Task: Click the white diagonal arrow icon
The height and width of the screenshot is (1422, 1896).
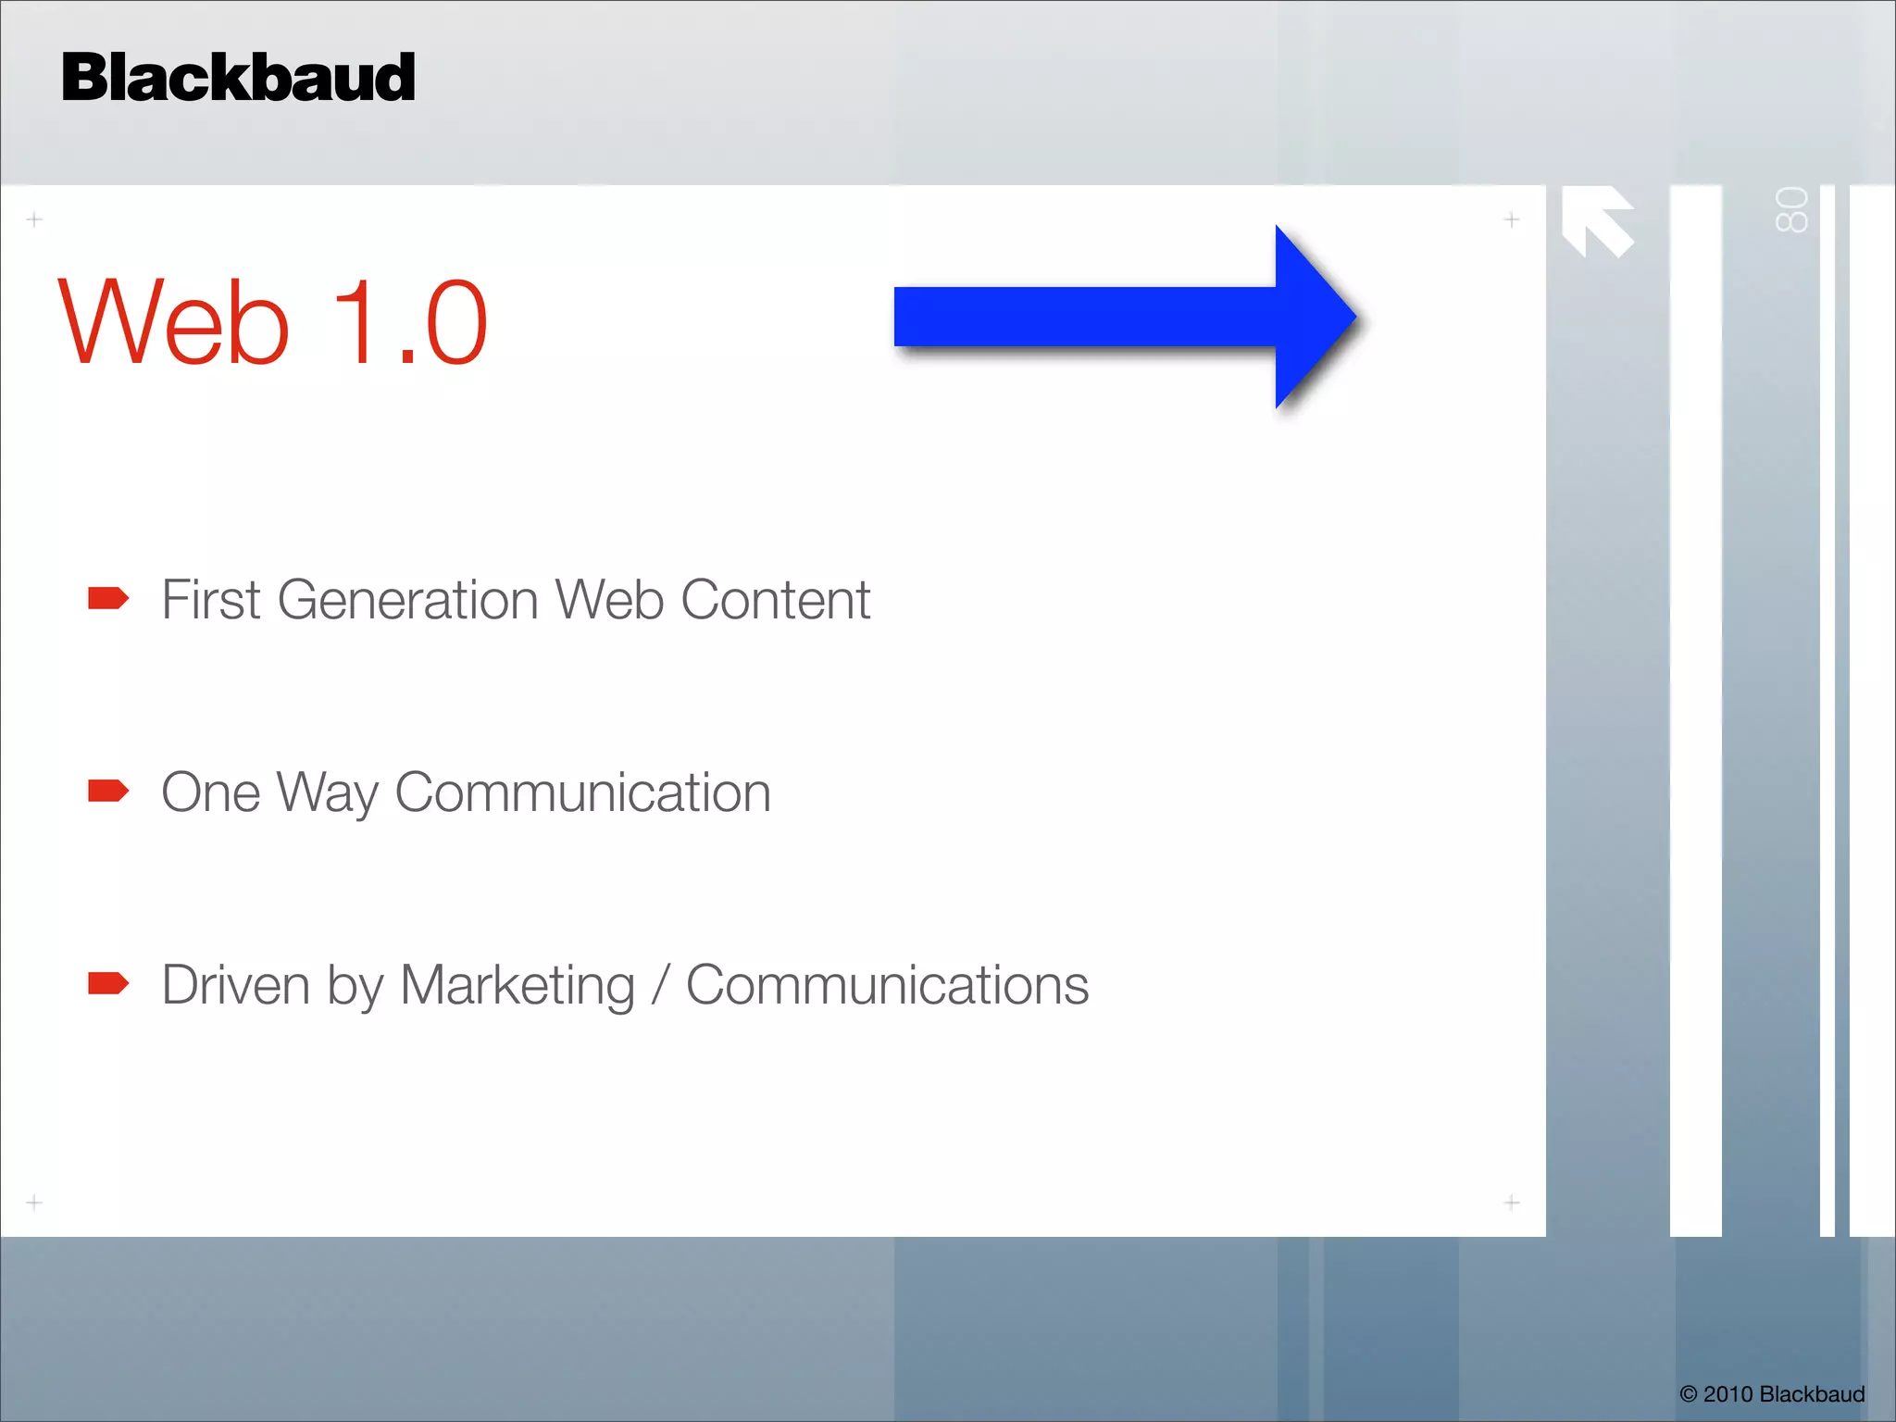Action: click(x=1597, y=220)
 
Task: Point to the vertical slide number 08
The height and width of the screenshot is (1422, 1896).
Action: click(x=1791, y=210)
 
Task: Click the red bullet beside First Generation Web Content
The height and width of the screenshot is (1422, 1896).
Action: click(x=108, y=599)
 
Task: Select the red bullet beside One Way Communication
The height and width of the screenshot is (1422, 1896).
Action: click(x=108, y=792)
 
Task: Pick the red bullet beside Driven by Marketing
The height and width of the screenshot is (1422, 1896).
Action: click(x=108, y=983)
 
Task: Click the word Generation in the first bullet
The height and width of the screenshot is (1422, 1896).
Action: click(x=407, y=600)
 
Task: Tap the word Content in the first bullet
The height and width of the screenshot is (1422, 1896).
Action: click(x=775, y=600)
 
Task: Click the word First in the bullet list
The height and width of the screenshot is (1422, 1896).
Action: click(x=211, y=600)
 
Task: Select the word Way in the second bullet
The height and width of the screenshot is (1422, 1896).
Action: click(x=328, y=793)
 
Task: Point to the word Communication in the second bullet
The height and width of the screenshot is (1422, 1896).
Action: click(x=582, y=793)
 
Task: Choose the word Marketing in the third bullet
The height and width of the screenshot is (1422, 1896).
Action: click(x=518, y=986)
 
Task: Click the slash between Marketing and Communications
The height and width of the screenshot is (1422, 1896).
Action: click(x=660, y=985)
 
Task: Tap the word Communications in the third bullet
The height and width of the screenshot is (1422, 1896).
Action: click(x=887, y=985)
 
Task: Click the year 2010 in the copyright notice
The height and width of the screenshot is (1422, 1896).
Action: click(x=1728, y=1394)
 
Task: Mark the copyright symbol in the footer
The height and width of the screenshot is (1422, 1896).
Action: click(x=1689, y=1394)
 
